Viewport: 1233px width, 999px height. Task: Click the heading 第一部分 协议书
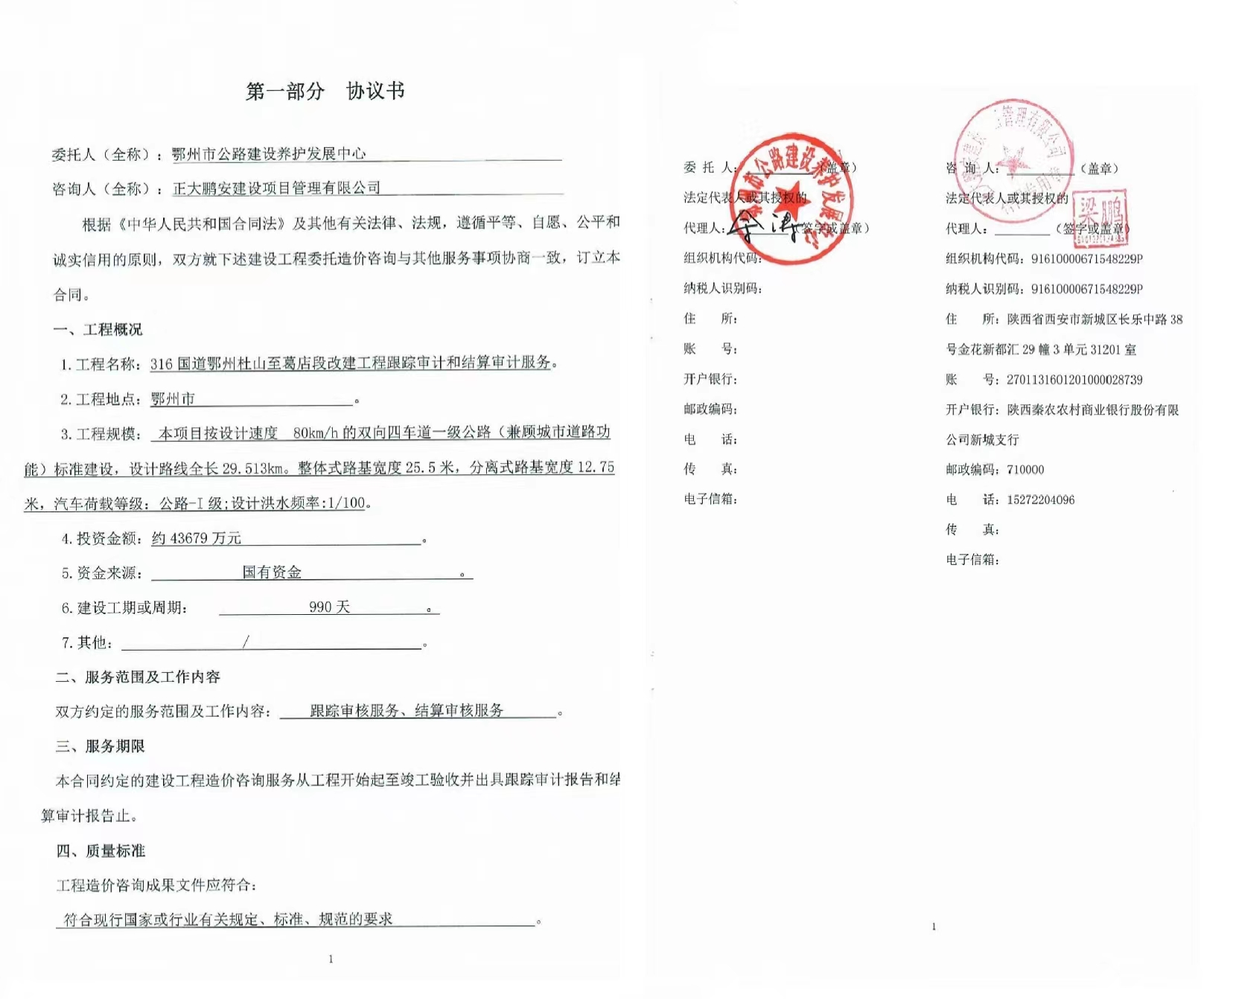coord(325,91)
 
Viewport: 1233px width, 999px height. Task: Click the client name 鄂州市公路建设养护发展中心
coord(269,153)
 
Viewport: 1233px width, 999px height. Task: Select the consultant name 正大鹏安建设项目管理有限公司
coord(276,188)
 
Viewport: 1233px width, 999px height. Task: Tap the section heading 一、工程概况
coord(98,329)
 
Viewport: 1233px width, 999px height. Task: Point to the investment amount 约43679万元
coord(197,537)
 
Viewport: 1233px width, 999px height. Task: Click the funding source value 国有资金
coord(272,572)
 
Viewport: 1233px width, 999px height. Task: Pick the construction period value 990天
coord(329,607)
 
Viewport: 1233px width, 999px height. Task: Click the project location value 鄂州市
coord(173,399)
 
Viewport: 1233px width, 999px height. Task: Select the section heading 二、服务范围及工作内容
coord(138,677)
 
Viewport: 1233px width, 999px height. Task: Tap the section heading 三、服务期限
coord(100,746)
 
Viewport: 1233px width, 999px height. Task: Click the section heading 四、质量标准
coord(101,850)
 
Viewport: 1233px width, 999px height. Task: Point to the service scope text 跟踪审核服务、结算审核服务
coord(407,710)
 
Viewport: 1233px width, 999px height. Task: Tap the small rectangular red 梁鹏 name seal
coord(1100,216)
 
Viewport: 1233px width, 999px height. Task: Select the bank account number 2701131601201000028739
coord(1074,380)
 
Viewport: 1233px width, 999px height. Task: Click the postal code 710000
coord(1025,470)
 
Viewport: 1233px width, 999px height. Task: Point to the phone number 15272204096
coord(1040,499)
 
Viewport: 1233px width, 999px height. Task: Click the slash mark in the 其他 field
coord(246,642)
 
